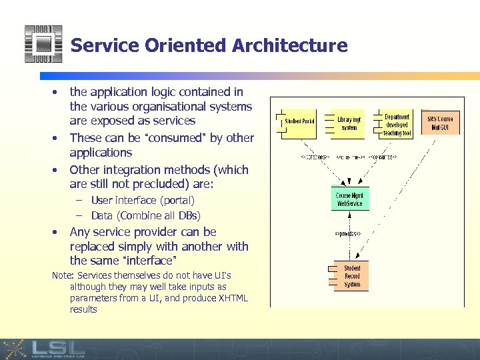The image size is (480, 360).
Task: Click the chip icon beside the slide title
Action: tap(43, 44)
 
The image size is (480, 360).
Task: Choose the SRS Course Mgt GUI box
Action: tap(440, 123)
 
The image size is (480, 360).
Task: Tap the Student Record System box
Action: tap(351, 276)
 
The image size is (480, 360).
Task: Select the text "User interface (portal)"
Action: tap(143, 200)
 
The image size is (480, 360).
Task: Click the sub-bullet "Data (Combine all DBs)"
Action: tap(145, 215)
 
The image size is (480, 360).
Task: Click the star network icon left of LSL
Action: tap(14, 349)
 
